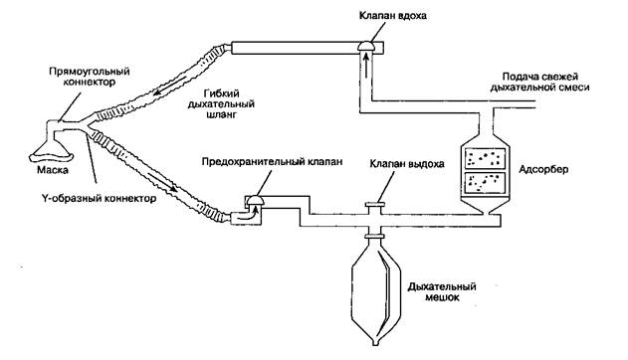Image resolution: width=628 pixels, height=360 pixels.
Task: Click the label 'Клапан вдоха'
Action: (392, 16)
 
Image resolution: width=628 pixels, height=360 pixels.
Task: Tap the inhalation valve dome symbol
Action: (367, 47)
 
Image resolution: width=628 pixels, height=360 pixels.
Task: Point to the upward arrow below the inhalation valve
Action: (366, 63)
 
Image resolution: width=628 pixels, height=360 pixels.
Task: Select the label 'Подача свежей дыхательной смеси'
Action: (539, 82)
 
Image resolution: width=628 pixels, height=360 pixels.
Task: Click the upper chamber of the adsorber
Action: (485, 158)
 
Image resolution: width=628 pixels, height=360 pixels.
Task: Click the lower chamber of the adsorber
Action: (485, 183)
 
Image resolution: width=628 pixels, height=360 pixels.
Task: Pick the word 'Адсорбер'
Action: (543, 170)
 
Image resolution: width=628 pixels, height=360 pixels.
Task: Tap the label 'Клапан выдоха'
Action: (407, 164)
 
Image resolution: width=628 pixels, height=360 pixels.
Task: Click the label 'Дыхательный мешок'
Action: (442, 292)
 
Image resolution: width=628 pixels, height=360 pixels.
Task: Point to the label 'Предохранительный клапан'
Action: (273, 162)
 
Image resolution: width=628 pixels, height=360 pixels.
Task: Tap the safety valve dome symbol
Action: (255, 200)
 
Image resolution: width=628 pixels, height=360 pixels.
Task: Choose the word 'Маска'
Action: (53, 170)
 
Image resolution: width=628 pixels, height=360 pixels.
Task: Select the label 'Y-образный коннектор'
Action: (99, 198)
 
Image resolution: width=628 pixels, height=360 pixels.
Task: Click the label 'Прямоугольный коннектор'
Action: (90, 77)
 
